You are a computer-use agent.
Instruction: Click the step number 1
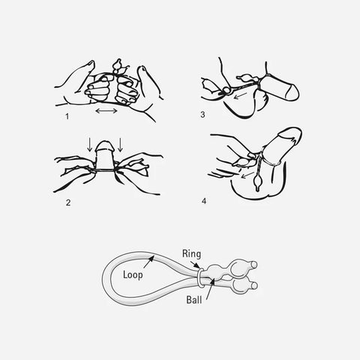click(x=67, y=116)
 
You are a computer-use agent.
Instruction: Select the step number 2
click(x=68, y=202)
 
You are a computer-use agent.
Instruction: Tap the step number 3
click(x=202, y=115)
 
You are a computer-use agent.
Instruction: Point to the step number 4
click(x=204, y=201)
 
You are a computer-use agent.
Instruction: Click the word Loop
click(x=133, y=274)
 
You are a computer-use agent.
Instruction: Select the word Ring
click(x=191, y=253)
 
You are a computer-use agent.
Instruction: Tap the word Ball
click(x=194, y=299)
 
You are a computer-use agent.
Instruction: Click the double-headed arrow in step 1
click(x=106, y=110)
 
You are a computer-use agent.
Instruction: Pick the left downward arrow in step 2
click(x=90, y=144)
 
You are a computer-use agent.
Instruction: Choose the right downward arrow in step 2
click(x=120, y=144)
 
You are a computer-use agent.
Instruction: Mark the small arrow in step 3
click(x=240, y=95)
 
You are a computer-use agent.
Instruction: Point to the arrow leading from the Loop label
click(x=148, y=262)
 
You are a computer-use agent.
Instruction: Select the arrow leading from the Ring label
click(x=195, y=265)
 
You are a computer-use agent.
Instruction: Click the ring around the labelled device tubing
click(x=200, y=277)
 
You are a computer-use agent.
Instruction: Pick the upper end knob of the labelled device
click(x=254, y=265)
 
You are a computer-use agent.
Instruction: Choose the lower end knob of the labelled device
click(x=254, y=285)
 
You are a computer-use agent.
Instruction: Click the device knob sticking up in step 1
click(x=117, y=65)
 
